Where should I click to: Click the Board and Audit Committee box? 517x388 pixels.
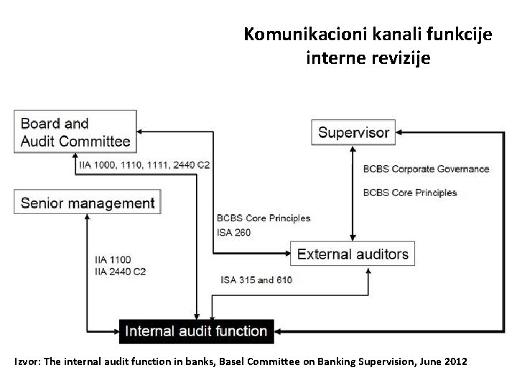[75, 131]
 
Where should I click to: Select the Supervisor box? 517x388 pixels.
[353, 132]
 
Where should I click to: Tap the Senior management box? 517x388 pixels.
[88, 203]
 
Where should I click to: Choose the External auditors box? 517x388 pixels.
[353, 254]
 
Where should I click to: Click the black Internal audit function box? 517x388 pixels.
[196, 331]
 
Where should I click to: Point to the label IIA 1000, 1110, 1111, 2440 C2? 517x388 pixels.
[144, 165]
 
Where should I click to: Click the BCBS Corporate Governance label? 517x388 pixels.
[426, 170]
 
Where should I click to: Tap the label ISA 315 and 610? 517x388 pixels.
[256, 280]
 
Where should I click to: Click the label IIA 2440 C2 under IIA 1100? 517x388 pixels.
[121, 271]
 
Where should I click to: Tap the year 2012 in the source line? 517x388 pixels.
[455, 361]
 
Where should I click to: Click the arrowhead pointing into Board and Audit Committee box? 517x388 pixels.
[141, 132]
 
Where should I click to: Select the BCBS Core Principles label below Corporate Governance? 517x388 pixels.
[409, 193]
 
